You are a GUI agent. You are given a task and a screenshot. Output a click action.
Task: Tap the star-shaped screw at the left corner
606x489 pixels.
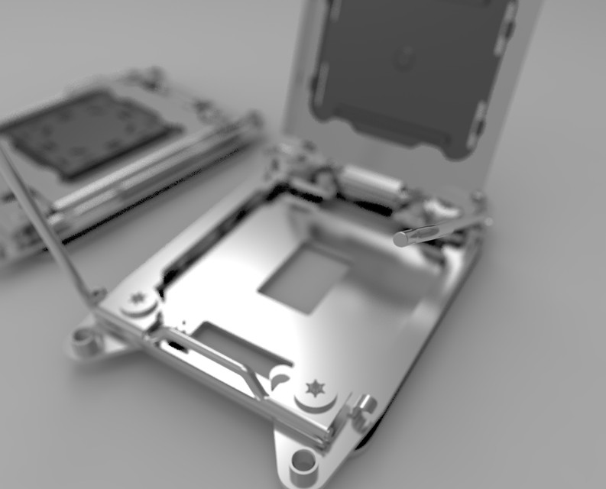[138, 297]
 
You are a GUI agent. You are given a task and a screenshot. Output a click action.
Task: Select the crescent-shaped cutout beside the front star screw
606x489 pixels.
[280, 377]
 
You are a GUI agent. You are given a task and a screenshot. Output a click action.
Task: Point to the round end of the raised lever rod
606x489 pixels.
[401, 239]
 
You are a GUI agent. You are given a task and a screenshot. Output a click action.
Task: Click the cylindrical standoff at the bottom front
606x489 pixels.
[303, 461]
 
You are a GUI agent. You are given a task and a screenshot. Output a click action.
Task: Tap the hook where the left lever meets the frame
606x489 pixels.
[96, 296]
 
